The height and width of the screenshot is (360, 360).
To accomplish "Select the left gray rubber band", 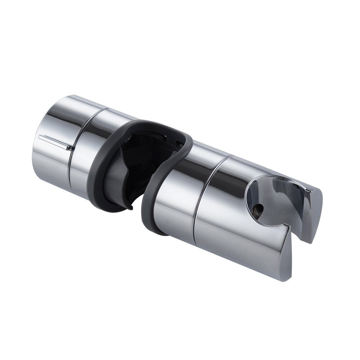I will point(108,169).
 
